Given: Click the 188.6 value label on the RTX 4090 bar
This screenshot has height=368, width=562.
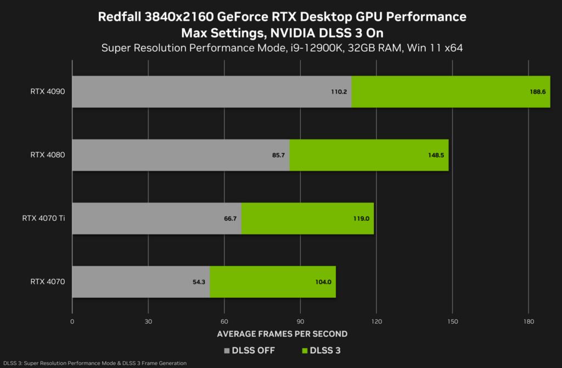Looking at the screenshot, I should click(537, 92).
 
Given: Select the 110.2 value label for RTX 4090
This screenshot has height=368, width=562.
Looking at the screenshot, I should click(339, 92).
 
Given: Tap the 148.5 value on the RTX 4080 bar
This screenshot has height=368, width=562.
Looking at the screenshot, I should click(435, 155).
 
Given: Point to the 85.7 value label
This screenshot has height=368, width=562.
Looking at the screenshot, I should click(278, 155).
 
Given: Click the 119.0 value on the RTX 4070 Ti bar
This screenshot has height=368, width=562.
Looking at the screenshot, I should click(361, 219).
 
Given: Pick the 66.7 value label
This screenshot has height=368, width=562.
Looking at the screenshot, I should click(231, 219).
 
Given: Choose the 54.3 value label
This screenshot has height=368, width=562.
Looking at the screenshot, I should click(198, 282).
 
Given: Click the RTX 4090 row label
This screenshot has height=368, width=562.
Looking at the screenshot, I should click(48, 92).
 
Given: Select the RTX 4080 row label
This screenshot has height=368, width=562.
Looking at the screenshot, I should click(48, 155).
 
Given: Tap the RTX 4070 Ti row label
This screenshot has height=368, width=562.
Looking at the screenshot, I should click(43, 219).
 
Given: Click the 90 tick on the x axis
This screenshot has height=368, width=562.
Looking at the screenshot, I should click(300, 321).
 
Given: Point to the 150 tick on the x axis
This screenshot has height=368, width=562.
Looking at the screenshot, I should click(452, 321).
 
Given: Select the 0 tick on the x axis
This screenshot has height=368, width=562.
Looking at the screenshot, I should click(72, 321).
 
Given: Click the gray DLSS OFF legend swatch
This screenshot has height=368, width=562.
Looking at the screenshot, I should click(227, 350).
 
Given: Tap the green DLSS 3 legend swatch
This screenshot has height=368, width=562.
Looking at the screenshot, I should click(305, 350).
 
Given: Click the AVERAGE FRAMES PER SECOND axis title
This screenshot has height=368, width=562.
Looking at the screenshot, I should click(282, 334).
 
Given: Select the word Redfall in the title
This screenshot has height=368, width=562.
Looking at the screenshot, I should click(120, 17).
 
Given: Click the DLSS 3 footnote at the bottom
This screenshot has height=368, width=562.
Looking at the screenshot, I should click(95, 363).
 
